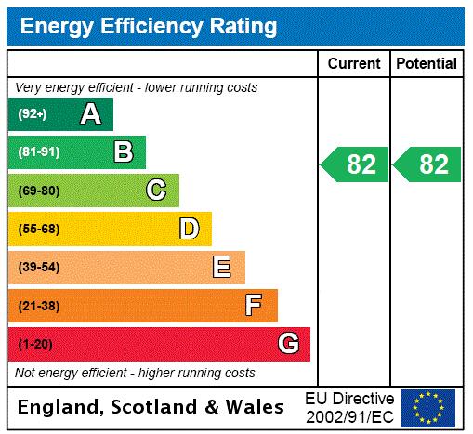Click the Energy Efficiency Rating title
point(149,26)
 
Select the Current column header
point(354,63)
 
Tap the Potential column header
point(427,63)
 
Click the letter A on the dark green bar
point(90,114)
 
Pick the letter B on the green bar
point(123,151)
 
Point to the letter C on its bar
point(156,191)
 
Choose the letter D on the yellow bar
point(189,229)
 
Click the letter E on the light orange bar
point(221,268)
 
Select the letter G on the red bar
point(288,344)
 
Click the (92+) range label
point(33,114)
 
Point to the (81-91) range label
point(38,151)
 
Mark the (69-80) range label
point(38,191)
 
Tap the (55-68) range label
point(38,229)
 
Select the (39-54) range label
point(38,268)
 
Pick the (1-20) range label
point(35,344)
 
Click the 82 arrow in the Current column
point(355,164)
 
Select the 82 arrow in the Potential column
point(427,164)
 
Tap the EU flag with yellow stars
point(428,407)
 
